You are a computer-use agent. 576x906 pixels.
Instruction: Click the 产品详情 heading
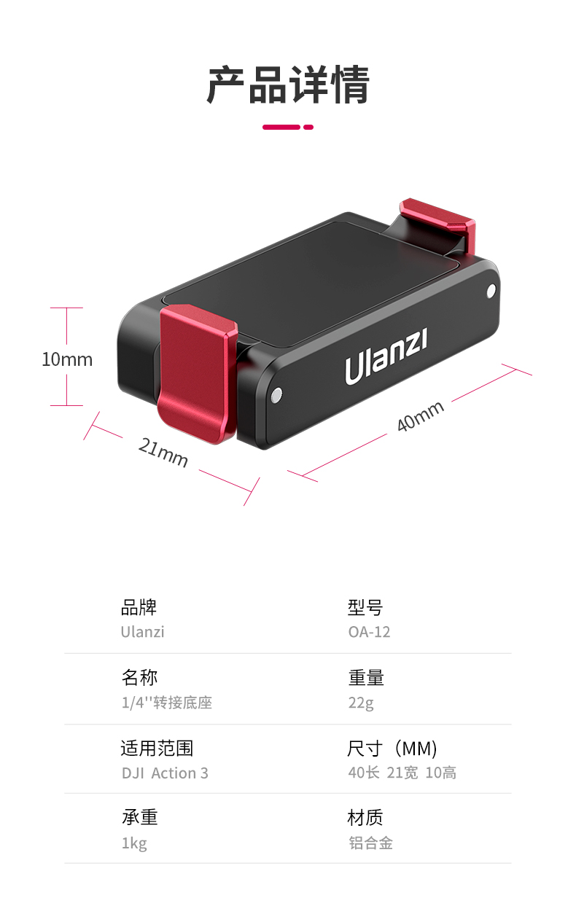click(288, 86)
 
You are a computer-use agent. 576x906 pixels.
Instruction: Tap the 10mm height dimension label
click(67, 359)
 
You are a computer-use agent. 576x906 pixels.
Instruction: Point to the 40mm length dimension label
click(421, 416)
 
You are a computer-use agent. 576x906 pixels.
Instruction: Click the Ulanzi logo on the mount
click(386, 358)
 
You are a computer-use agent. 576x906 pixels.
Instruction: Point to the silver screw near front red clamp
click(276, 396)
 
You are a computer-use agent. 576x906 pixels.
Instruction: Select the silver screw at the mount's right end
click(490, 292)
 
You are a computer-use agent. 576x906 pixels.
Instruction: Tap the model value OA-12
click(369, 632)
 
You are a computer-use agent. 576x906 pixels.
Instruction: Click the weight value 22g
click(360, 703)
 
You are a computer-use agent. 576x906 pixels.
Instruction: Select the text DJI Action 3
click(165, 773)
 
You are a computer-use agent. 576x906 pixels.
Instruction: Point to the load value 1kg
click(134, 843)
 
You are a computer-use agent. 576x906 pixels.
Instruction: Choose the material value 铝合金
click(370, 843)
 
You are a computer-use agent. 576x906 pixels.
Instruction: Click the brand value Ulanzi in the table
click(142, 632)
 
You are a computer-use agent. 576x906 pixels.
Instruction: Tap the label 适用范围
click(157, 748)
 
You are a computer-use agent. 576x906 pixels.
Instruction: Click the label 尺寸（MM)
click(392, 748)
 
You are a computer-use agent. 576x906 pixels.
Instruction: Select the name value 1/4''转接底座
click(166, 703)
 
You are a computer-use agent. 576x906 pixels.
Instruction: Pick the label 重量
click(365, 678)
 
